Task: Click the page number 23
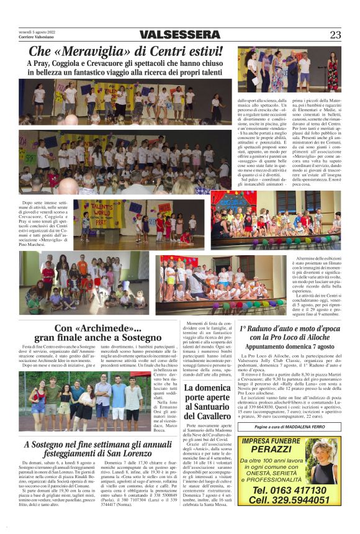(335, 35)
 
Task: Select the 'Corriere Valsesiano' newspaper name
(37, 37)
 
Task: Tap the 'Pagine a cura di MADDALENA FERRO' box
(289, 427)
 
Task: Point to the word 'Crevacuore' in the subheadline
(120, 63)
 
